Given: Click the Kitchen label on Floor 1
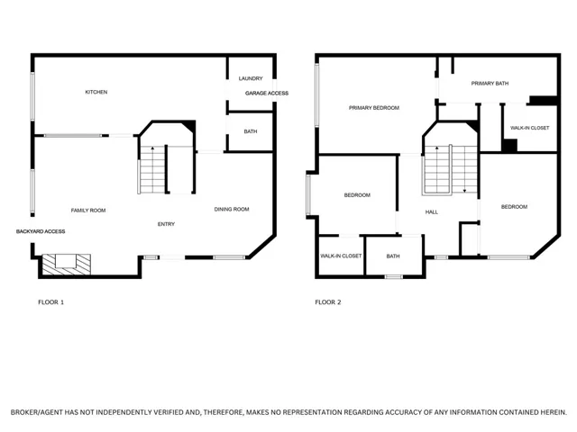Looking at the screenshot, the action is tap(96, 92).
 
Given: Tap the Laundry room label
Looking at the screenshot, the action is tap(251, 78).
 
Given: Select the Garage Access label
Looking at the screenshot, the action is tap(267, 94).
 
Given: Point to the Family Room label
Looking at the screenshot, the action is tap(88, 211).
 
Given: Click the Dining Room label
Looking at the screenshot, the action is tap(232, 210).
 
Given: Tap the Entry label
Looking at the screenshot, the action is tap(166, 224).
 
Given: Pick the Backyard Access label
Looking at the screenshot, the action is tap(41, 231).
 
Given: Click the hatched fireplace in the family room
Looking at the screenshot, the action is tap(66, 264).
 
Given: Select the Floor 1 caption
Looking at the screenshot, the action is tap(50, 302).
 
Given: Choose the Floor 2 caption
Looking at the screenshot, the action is tap(328, 302).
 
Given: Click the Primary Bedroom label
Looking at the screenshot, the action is tap(374, 108).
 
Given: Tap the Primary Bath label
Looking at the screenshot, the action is tap(490, 84).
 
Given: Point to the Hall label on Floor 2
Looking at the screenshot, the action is tap(432, 212).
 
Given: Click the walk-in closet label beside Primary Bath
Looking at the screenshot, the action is tap(529, 128).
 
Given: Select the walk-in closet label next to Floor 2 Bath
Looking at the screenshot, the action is tap(341, 256).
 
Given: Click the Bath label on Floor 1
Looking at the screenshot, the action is tap(251, 131).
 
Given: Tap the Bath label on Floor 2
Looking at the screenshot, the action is tap(393, 256).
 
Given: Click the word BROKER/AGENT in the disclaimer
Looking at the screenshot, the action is tap(37, 412).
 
